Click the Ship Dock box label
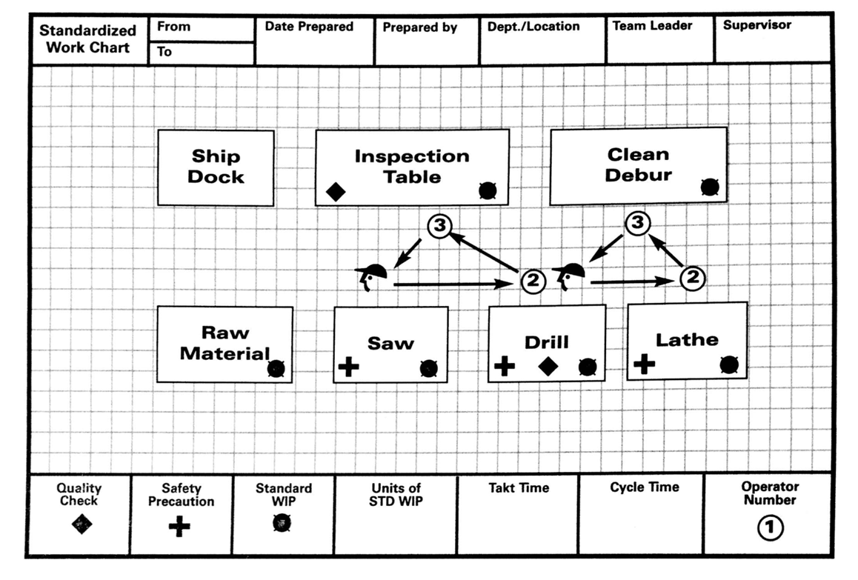click(x=216, y=167)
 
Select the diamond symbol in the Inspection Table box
click(x=336, y=192)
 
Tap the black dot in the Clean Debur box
click(x=710, y=187)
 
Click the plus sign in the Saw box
click(x=348, y=367)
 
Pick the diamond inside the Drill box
click(x=547, y=366)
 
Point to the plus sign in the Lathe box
click(x=644, y=363)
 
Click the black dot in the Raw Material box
click(x=276, y=368)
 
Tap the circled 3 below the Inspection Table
click(x=440, y=227)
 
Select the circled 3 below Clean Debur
click(x=637, y=222)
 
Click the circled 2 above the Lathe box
click(x=691, y=278)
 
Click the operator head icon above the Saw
click(x=371, y=276)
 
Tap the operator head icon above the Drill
click(x=568, y=275)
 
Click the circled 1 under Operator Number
click(x=770, y=527)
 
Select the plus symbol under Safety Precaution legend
click(x=179, y=526)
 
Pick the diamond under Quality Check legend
click(x=82, y=524)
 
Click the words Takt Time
click(x=519, y=488)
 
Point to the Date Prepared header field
click(x=309, y=27)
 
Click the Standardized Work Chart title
click(x=87, y=39)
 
